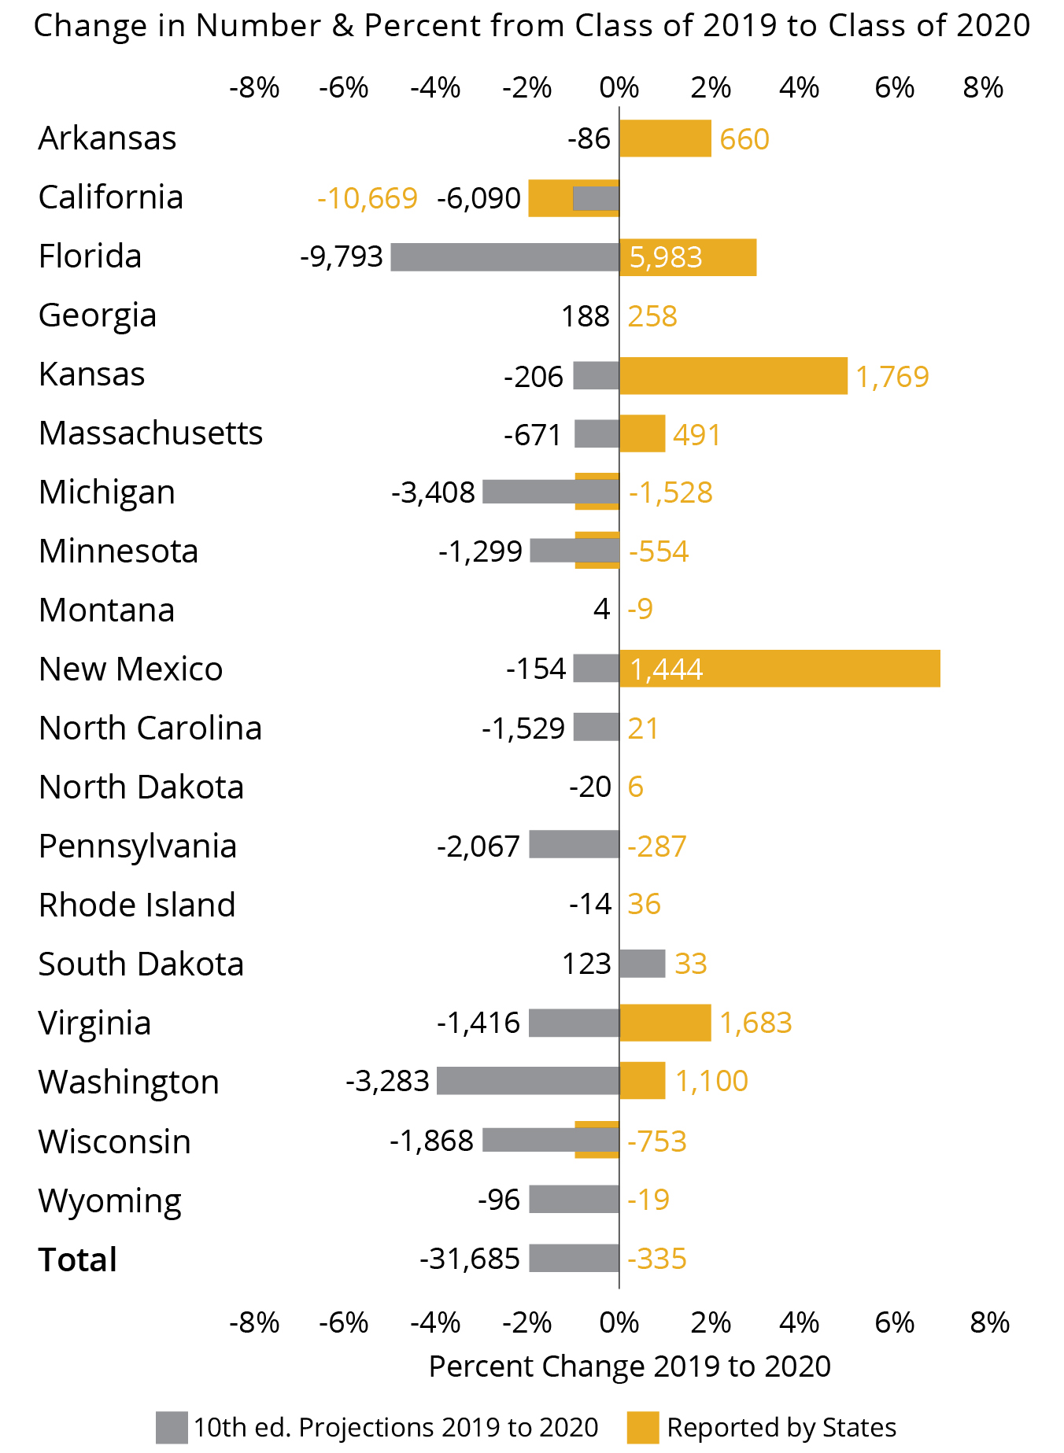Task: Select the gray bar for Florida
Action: pos(504,257)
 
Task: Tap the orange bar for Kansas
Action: pos(733,376)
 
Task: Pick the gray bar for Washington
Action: pos(527,1081)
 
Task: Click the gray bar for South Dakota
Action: pos(642,964)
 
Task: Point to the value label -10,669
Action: pos(367,198)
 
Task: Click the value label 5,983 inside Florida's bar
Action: pos(666,257)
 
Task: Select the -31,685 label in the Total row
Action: pos(470,1259)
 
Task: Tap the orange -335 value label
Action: pos(657,1259)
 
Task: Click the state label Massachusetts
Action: pos(150,433)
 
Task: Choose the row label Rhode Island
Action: pos(137,905)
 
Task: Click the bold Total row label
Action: pos(78,1259)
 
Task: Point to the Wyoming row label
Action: pos(110,1201)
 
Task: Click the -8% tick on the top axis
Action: pos(254,87)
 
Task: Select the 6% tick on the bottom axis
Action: pos(895,1322)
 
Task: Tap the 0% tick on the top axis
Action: pos(619,87)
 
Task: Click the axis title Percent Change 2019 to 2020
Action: pos(630,1366)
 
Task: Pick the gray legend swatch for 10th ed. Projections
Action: pos(172,1427)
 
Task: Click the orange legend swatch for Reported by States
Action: pos(643,1427)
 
